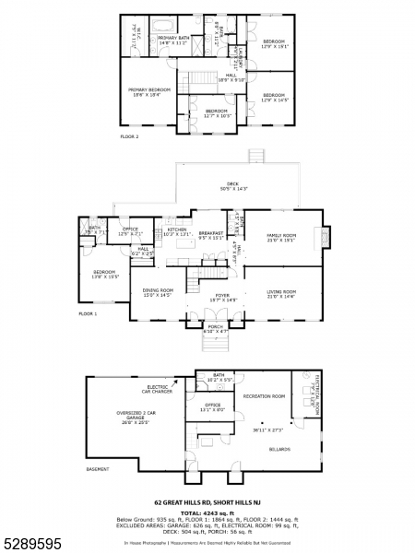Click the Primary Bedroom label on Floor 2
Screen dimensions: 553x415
click(143, 91)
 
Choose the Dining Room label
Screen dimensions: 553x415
click(157, 294)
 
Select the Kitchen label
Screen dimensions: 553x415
click(176, 233)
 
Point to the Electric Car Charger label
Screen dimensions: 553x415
click(158, 389)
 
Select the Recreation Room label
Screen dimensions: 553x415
click(263, 396)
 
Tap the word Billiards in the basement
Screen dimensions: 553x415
click(279, 449)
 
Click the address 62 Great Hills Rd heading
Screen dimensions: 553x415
click(207, 503)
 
